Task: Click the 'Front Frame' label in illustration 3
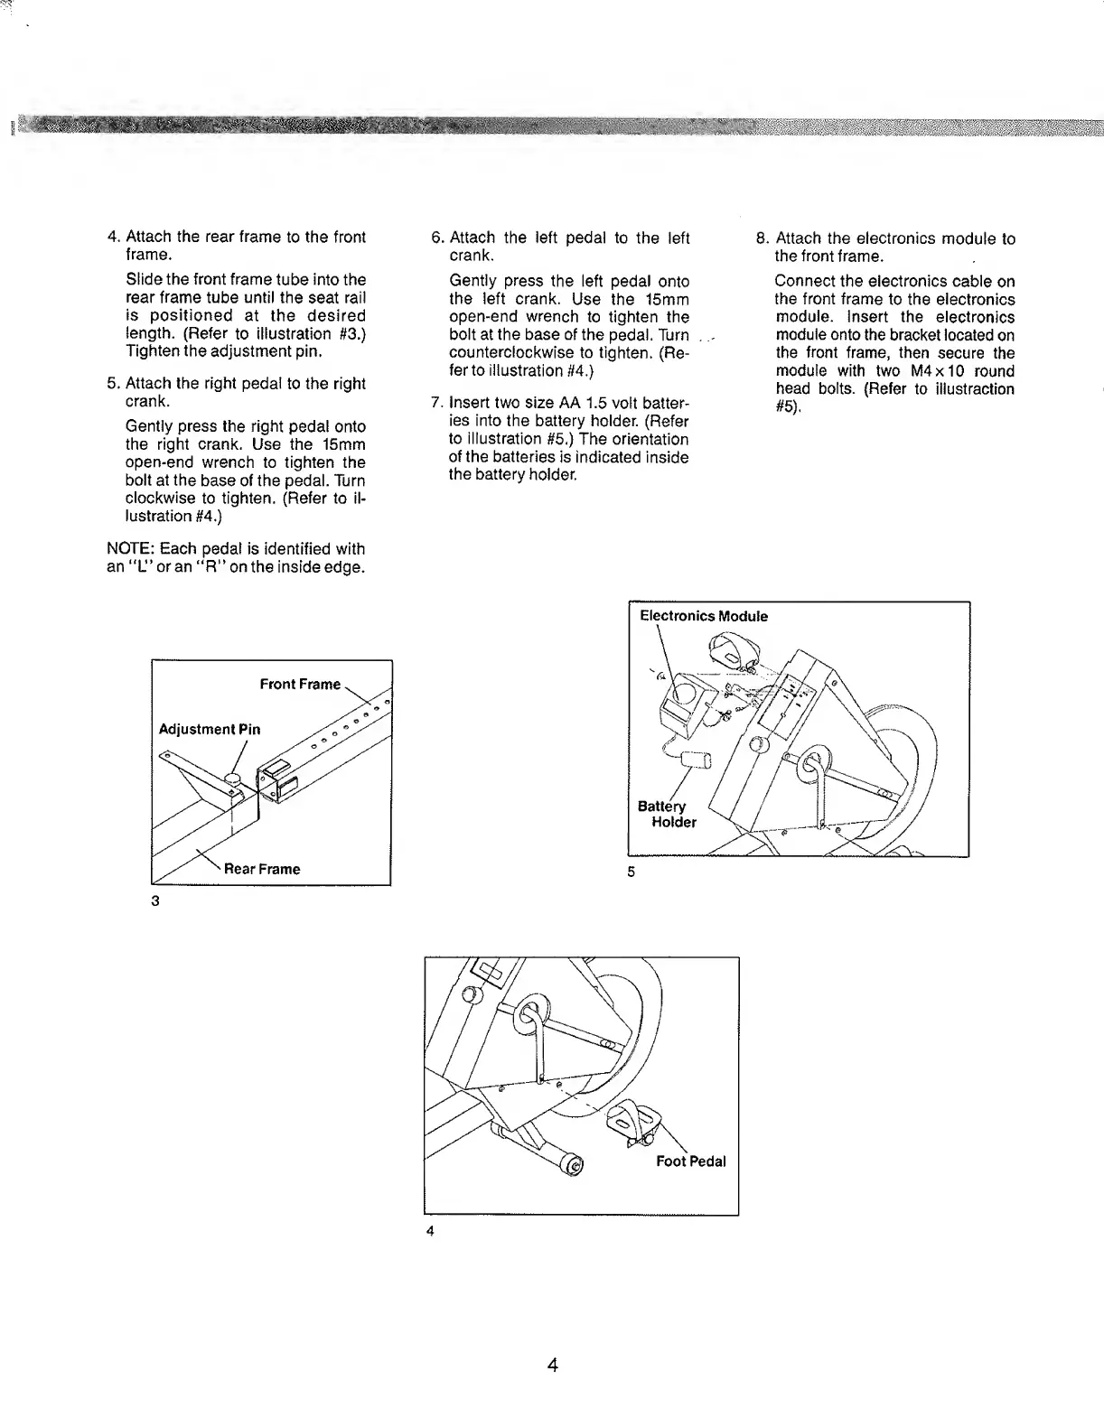300,685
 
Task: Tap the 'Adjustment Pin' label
210,730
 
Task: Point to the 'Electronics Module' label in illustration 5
704,617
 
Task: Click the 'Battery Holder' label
668,814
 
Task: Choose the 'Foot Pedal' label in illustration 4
690,1161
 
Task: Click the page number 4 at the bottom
552,1365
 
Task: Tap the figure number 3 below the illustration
155,900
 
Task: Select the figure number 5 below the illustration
632,872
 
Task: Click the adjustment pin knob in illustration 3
232,778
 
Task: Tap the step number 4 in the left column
113,238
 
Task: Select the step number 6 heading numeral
435,238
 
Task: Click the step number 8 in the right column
761,239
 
